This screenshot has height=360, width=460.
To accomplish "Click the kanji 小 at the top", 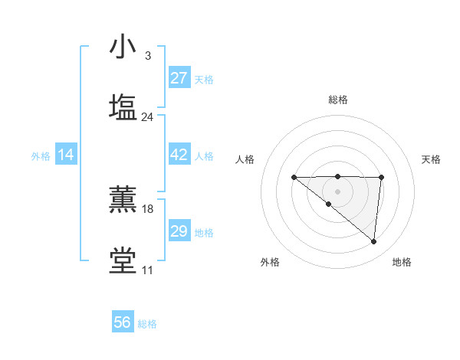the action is point(123,47).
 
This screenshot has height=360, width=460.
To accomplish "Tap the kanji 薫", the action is point(123,200).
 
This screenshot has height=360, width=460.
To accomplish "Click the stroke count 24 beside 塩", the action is point(147,117).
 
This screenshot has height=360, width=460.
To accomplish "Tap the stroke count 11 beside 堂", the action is point(147,270).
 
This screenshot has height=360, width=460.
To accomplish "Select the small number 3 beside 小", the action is point(147,56).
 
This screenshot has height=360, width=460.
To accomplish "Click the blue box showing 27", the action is point(179,78).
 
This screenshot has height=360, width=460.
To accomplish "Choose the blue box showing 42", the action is point(179,155).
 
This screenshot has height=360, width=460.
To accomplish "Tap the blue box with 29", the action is point(179,231).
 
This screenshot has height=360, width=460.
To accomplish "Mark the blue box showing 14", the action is point(66,155).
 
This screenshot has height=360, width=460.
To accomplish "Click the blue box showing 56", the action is point(123,322).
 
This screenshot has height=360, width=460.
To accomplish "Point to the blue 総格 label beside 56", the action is point(147,324).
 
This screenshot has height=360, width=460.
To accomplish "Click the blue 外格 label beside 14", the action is point(41,156).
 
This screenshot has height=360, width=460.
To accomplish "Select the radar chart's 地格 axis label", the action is point(402,262).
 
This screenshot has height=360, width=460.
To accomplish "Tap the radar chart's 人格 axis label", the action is point(245,159).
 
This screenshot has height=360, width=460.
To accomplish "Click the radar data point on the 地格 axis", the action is point(374,242).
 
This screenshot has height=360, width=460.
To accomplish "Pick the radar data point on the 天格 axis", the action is point(381,178).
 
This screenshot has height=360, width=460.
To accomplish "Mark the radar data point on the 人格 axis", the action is point(294,178).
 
